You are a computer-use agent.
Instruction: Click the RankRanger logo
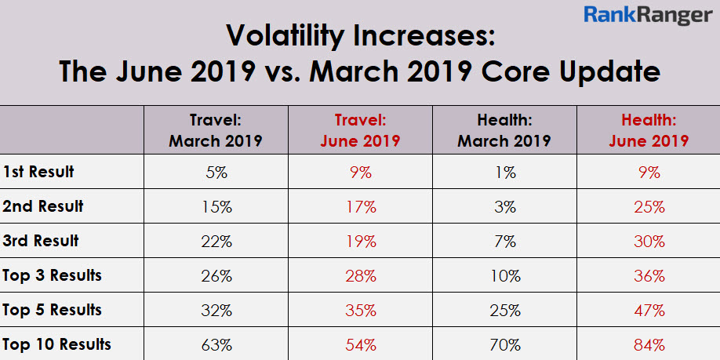[647, 16]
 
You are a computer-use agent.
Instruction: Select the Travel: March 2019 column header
[215, 130]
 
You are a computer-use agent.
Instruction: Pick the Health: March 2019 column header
[504, 130]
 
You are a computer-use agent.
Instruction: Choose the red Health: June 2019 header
[649, 130]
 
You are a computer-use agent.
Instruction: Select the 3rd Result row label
[40, 241]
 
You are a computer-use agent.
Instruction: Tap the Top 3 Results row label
[52, 275]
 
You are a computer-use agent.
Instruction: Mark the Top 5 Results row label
[52, 310]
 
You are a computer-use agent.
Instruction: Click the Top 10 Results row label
[56, 344]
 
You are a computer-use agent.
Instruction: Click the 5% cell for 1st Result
[216, 173]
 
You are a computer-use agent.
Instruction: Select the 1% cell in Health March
[504, 173]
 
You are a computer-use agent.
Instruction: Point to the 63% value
[216, 344]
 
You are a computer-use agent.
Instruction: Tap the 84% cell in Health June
[649, 344]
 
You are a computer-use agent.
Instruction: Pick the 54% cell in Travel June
[360, 344]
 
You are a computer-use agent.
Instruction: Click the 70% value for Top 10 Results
[504, 344]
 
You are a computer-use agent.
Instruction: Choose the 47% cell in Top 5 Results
[649, 310]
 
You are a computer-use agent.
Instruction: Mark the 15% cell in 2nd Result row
[216, 207]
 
